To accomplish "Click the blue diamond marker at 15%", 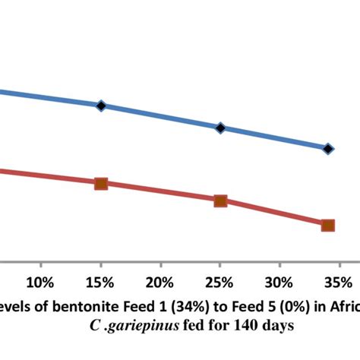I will point(101,106).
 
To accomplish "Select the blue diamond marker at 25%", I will point(220,128).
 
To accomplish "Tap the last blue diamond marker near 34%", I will point(328,148).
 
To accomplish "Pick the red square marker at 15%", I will point(101,183).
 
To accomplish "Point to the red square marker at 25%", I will point(220,201).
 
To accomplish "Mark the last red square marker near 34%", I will point(328,225).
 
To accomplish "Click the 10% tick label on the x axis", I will point(40,283).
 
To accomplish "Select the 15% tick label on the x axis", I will point(100,283).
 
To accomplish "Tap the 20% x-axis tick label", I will point(160,283).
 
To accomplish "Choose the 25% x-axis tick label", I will point(220,283).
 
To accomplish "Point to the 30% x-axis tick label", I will point(280,283).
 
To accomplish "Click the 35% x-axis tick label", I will point(339,283).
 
